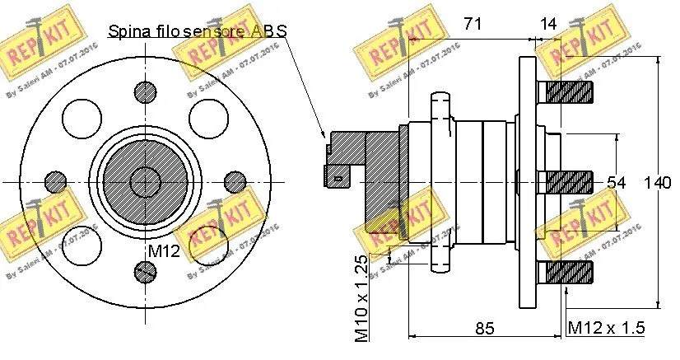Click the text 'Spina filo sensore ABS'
point(198,31)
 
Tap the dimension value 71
point(472,24)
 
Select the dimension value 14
point(549,24)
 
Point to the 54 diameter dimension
point(617,182)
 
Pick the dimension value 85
point(484,328)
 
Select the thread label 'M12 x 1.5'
point(607,328)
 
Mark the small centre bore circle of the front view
point(146,180)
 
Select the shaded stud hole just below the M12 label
point(146,270)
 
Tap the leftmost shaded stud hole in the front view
point(56,180)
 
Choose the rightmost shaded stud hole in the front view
point(235,180)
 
